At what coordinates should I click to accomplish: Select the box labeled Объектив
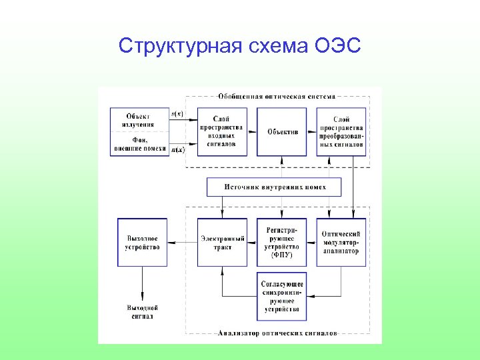[282, 132]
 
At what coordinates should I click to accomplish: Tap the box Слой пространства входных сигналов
[223, 132]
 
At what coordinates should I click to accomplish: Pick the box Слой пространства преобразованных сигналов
[341, 132]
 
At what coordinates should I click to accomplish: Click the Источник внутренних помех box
[275, 187]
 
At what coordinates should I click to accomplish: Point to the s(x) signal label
[178, 115]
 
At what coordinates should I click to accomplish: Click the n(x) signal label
[178, 150]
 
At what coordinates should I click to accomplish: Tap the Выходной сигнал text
[142, 312]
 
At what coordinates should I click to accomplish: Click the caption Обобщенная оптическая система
[275, 97]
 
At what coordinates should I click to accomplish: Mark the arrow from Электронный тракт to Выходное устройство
[182, 243]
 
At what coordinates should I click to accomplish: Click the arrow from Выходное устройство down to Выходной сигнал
[142, 283]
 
